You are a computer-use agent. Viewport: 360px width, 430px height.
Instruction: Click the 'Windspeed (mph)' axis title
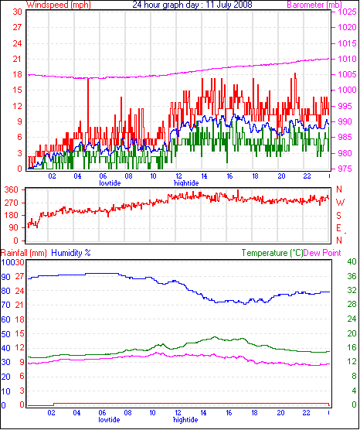[x=59, y=5]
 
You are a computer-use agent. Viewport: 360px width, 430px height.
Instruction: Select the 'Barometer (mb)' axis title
[x=314, y=5]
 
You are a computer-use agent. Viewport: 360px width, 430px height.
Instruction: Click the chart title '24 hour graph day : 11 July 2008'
[x=192, y=5]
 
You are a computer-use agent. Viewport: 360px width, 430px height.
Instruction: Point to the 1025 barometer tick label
[x=347, y=12]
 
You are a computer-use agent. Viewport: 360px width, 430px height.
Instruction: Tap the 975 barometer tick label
[x=347, y=169]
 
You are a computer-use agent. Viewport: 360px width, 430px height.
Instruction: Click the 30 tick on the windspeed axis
[x=18, y=12]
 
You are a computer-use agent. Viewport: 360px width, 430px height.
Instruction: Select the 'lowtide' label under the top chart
[x=110, y=183]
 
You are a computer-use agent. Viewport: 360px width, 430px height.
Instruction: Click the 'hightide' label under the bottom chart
[x=185, y=420]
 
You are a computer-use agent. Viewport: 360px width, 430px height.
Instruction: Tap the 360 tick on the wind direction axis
[x=12, y=189]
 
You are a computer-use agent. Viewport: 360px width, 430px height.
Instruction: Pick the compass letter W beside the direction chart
[x=340, y=203]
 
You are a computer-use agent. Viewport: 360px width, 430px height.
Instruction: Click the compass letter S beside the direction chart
[x=339, y=216]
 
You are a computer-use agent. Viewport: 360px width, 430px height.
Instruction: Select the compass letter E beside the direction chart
[x=339, y=228]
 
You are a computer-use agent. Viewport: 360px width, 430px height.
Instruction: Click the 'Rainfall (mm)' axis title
[x=23, y=253]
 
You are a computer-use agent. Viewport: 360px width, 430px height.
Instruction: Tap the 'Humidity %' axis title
[x=71, y=253]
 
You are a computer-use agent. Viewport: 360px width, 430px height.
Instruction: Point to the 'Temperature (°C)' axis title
[x=272, y=253]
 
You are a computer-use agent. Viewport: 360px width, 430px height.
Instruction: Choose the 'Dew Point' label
[x=322, y=253]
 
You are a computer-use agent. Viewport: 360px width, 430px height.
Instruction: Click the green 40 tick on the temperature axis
[x=352, y=261]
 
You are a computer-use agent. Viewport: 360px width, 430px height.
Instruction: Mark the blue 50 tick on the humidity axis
[x=5, y=334]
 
